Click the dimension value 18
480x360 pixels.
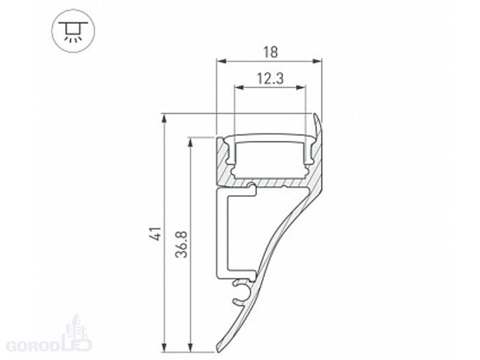(x=271, y=52)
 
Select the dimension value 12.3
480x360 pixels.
(x=271, y=79)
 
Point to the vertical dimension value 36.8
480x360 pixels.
(x=181, y=244)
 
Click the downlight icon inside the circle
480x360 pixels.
(x=73, y=31)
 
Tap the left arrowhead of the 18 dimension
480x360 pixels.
(x=221, y=62)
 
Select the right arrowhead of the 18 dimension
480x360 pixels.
(x=317, y=62)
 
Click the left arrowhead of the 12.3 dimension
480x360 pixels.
(x=239, y=88)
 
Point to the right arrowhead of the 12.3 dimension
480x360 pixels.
(x=301, y=88)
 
